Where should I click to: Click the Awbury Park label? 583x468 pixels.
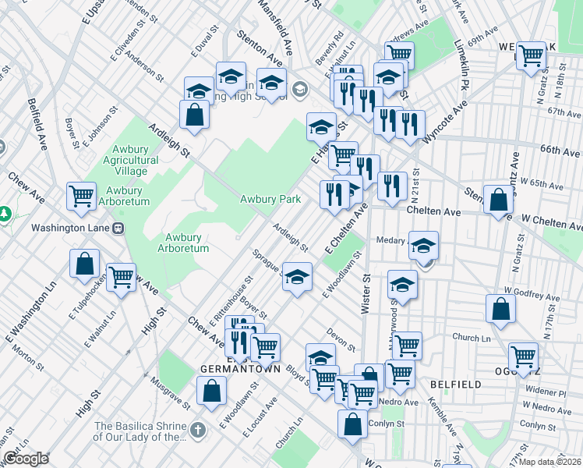270,200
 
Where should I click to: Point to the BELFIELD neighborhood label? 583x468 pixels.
451,385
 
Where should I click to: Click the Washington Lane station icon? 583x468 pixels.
118,229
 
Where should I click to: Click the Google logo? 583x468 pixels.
25,459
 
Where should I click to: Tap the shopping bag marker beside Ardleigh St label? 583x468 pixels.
194,114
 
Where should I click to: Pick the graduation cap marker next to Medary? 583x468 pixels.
423,246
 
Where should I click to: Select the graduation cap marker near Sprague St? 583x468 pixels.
296,277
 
